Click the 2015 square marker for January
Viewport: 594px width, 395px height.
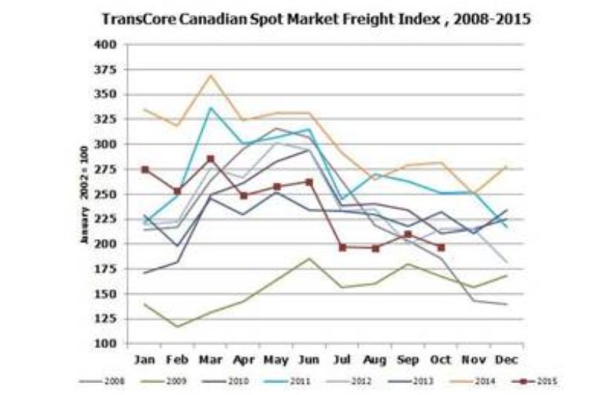[146, 169]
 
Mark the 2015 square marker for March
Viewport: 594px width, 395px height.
[211, 159]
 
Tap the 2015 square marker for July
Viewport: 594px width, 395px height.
[343, 247]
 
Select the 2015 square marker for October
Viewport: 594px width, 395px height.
[442, 247]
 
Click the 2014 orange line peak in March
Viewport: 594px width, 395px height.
[211, 75]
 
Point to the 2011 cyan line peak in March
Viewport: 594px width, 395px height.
[211, 108]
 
